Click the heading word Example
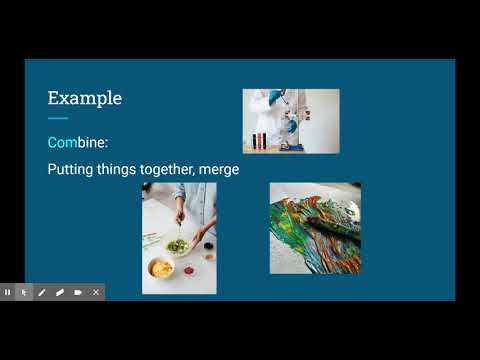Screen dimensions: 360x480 [85, 98]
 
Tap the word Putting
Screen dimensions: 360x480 [71, 170]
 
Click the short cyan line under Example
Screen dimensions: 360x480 [58, 119]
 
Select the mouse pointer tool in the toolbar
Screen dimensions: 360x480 [24, 292]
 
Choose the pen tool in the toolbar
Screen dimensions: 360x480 [42, 292]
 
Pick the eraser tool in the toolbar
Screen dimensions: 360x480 [60, 292]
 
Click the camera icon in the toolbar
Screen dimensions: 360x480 [78, 292]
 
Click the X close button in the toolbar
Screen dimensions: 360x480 [96, 292]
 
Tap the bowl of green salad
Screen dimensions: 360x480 [178, 245]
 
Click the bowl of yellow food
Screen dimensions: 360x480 [160, 268]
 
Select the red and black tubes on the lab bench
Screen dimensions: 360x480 [260, 139]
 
